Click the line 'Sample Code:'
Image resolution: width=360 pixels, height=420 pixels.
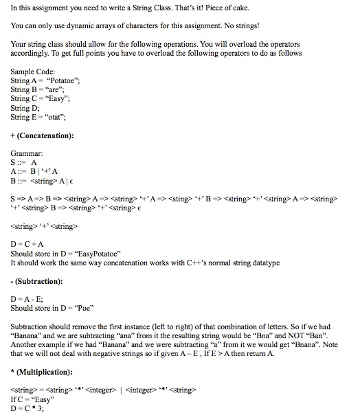coord(33,71)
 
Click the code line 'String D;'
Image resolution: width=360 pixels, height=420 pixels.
coord(26,108)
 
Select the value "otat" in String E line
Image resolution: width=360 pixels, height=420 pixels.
coord(55,117)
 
